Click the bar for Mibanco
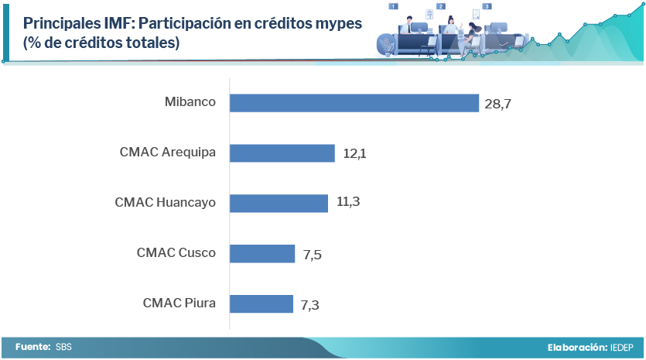(x=354, y=103)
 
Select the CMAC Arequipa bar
(x=282, y=153)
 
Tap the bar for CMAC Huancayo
(x=279, y=203)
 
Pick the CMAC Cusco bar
(x=263, y=253)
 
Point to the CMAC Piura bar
(x=262, y=303)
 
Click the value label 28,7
(x=498, y=104)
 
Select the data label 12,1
(x=354, y=154)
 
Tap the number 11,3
(x=348, y=202)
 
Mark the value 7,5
(x=312, y=254)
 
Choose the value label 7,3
(x=309, y=305)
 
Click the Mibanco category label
(x=190, y=102)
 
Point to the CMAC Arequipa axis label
(x=167, y=153)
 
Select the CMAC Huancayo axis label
(x=165, y=203)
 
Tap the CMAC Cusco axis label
(x=176, y=252)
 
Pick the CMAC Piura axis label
(x=179, y=303)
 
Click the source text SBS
(x=63, y=348)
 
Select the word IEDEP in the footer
(x=622, y=348)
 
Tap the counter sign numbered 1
(x=393, y=6)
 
